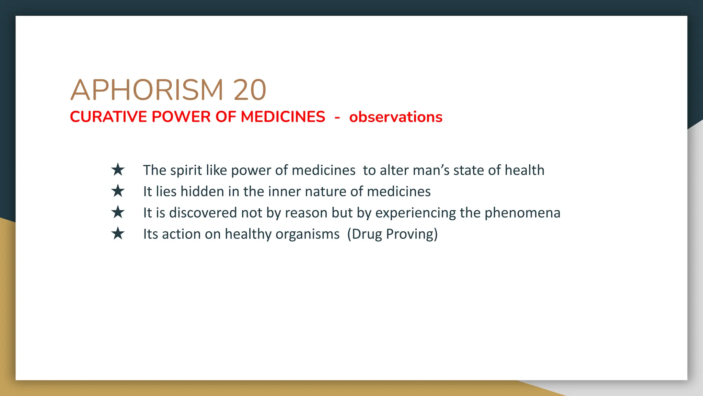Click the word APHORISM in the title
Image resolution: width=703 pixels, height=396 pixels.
(147, 90)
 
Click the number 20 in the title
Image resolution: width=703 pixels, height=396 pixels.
(250, 90)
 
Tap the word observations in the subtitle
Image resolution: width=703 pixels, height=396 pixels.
(396, 117)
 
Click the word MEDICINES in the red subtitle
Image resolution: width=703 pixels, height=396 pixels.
(283, 117)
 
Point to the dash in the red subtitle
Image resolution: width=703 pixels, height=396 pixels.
(337, 118)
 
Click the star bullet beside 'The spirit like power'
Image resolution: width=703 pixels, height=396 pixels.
(118, 170)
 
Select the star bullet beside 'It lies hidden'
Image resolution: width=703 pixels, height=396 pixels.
(118, 191)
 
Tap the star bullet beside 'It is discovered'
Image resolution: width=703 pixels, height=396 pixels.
(118, 212)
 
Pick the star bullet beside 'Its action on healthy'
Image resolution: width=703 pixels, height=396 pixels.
(118, 234)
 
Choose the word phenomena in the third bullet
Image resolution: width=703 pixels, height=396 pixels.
(522, 213)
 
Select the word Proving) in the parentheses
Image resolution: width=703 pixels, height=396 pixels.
(412, 234)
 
